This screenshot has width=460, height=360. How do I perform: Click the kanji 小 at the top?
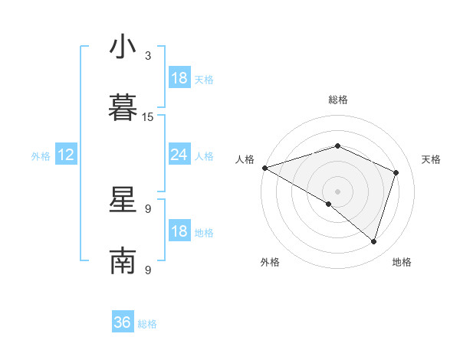pyautogui.click(x=123, y=47)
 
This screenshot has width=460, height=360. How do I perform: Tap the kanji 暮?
pyautogui.click(x=123, y=108)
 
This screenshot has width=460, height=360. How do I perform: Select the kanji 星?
pyautogui.click(x=123, y=200)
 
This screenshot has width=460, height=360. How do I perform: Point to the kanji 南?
pyautogui.click(x=123, y=261)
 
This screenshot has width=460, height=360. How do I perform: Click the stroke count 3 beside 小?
pyautogui.click(x=148, y=56)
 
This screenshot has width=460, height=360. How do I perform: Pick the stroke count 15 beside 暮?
pyautogui.click(x=148, y=117)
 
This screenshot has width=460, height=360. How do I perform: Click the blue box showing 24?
pyautogui.click(x=179, y=155)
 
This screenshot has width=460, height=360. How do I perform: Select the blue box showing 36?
pyautogui.click(x=123, y=322)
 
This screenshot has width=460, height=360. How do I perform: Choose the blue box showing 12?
pyautogui.click(x=66, y=155)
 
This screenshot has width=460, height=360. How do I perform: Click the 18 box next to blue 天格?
pyautogui.click(x=179, y=78)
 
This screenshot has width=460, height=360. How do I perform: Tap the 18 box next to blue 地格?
pyautogui.click(x=179, y=232)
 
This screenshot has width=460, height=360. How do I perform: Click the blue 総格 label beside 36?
pyautogui.click(x=147, y=324)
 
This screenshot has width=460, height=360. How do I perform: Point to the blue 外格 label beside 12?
pyautogui.click(x=41, y=156)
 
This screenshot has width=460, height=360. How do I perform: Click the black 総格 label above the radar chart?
pyautogui.click(x=337, y=100)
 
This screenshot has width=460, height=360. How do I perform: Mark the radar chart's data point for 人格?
pyautogui.click(x=264, y=168)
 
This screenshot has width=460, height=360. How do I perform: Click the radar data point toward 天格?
pyautogui.click(x=396, y=172)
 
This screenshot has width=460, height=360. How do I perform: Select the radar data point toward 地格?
pyautogui.click(x=373, y=241)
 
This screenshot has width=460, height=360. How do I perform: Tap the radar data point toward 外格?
pyautogui.click(x=329, y=204)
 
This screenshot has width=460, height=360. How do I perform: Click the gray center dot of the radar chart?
pyautogui.click(x=337, y=191)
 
